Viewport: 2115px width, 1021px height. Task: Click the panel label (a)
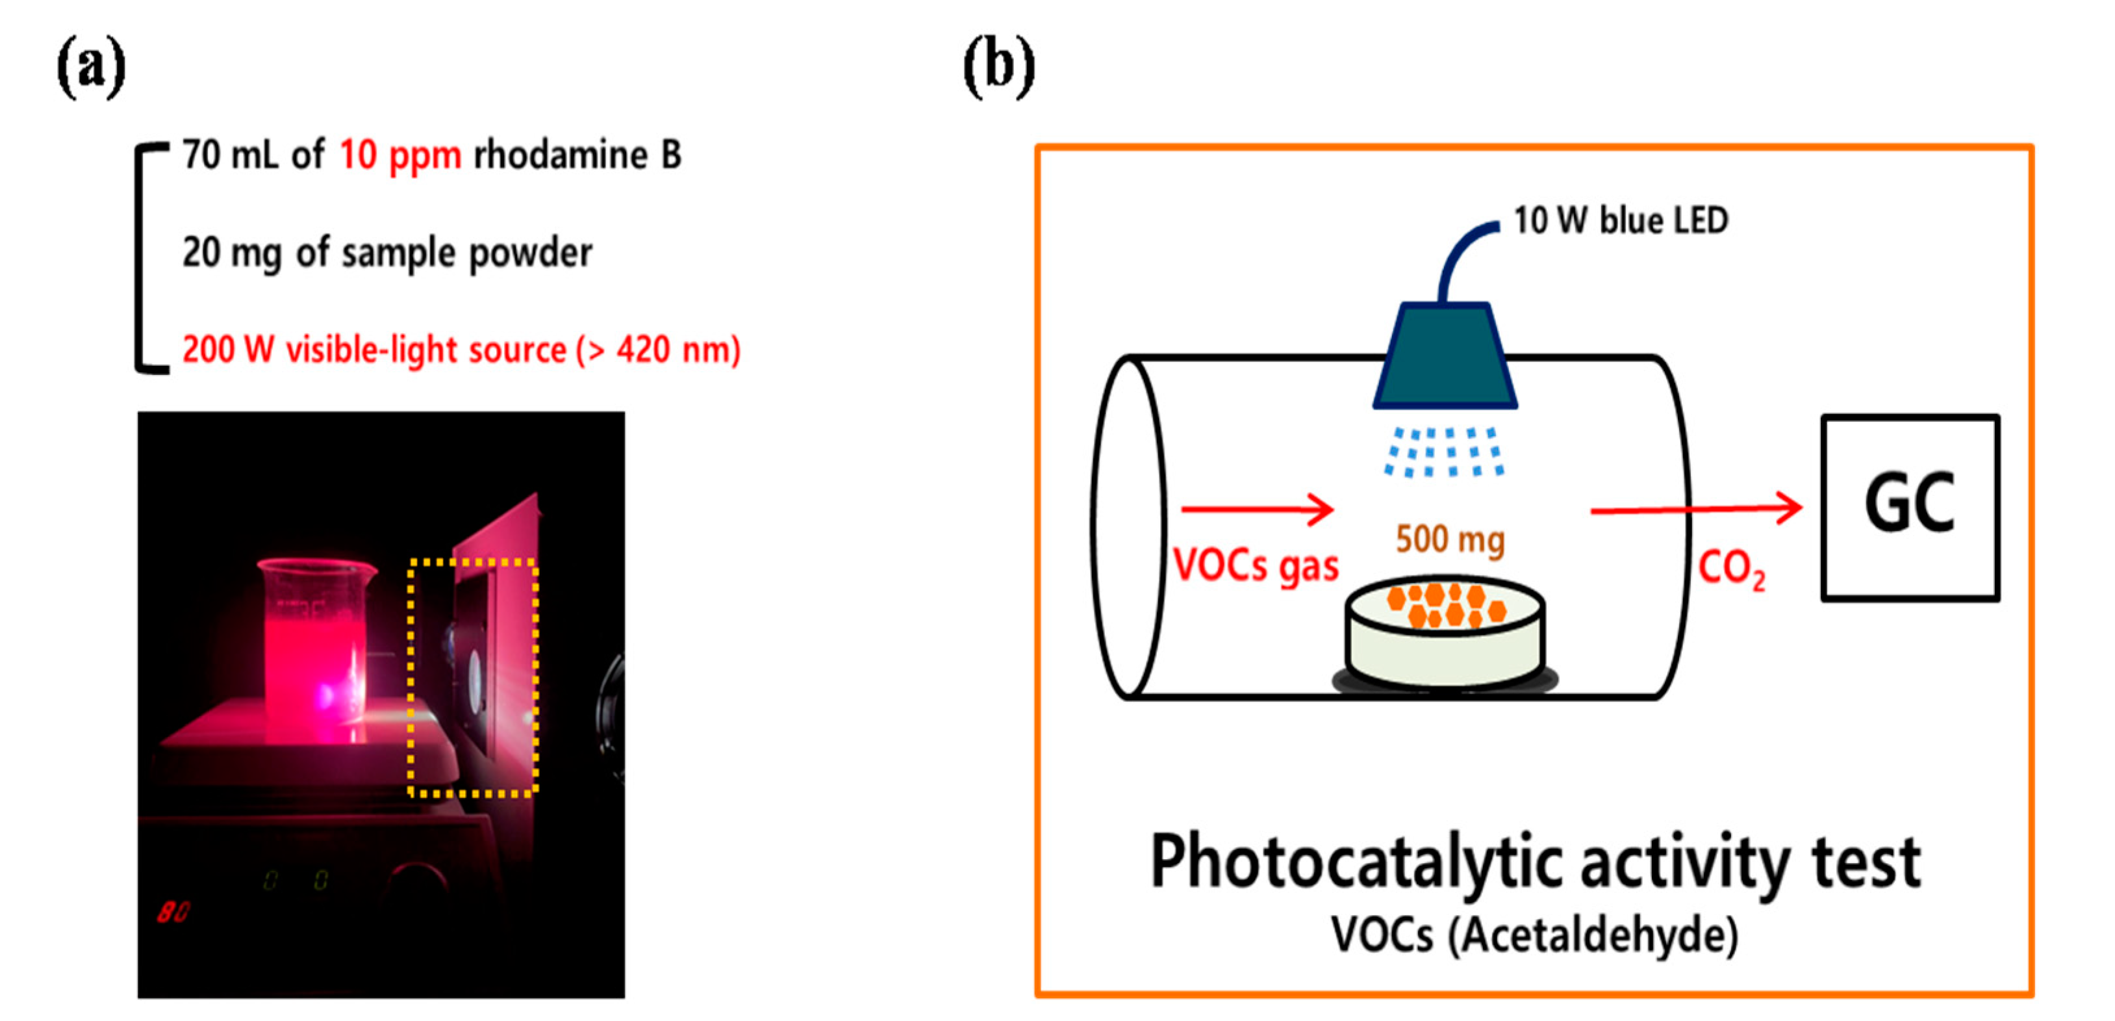point(91,68)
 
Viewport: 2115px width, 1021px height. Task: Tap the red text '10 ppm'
point(400,155)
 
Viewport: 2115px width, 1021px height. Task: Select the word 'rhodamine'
point(560,155)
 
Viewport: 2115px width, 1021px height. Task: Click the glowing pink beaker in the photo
point(316,649)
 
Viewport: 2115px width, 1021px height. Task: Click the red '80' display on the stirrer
point(173,912)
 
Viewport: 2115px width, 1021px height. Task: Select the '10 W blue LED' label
point(1620,220)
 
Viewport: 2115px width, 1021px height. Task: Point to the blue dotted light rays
point(1443,452)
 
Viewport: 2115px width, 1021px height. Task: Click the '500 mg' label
point(1450,539)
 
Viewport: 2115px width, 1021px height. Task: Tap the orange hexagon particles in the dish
point(1446,605)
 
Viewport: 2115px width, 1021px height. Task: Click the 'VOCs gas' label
point(1256,566)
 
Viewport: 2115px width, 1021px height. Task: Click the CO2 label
point(1730,569)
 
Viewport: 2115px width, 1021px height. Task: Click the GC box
point(1910,508)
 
